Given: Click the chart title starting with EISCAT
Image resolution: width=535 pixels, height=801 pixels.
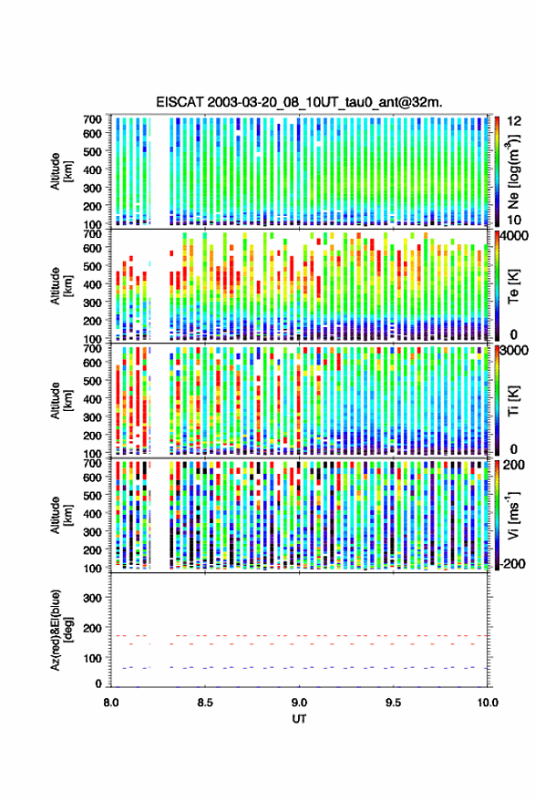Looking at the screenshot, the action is (x=299, y=102).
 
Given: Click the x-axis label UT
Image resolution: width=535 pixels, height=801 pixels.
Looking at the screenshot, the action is (x=299, y=719).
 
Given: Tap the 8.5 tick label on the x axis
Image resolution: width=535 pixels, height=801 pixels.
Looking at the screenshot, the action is (x=205, y=703).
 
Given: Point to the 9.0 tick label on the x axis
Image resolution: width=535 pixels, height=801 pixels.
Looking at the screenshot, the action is (x=299, y=703).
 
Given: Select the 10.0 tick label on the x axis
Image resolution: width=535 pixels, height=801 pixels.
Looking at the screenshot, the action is (x=487, y=703).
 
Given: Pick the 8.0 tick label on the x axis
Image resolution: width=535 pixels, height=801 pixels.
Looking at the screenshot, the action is (x=111, y=703).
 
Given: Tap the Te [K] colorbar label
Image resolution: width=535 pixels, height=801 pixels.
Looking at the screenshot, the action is (x=513, y=285).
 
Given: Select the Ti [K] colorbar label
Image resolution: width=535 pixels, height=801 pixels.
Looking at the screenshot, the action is (x=513, y=400).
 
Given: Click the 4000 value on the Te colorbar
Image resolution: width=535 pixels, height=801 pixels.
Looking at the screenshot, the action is (x=514, y=236).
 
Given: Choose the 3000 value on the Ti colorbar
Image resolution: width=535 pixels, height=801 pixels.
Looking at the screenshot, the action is (x=514, y=351).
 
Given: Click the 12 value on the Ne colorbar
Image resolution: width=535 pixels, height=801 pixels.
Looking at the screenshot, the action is (x=514, y=121).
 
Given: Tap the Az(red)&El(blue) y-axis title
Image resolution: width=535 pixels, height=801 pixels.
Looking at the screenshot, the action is (x=61, y=630).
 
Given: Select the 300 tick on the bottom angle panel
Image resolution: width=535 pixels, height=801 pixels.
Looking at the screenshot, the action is (x=92, y=598).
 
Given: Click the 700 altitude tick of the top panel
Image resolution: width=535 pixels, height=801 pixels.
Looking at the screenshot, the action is (x=92, y=119).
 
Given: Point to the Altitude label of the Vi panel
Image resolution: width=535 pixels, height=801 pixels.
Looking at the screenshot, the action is (x=56, y=515).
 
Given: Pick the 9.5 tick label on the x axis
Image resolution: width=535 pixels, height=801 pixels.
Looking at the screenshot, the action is (x=393, y=703).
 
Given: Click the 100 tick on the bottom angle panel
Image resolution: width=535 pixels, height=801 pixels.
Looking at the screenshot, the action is (x=92, y=658).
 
